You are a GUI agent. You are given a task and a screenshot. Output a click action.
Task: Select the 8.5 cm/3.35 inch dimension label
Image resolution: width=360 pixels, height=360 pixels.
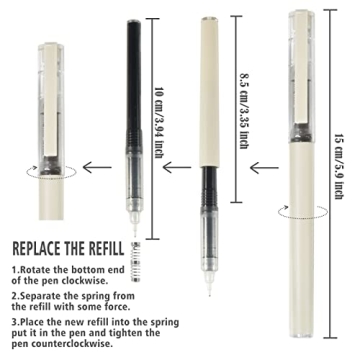pyautogui.click(x=243, y=105)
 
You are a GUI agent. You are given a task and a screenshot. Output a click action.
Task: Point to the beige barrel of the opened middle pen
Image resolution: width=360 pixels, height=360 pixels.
pyautogui.click(x=212, y=90)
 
